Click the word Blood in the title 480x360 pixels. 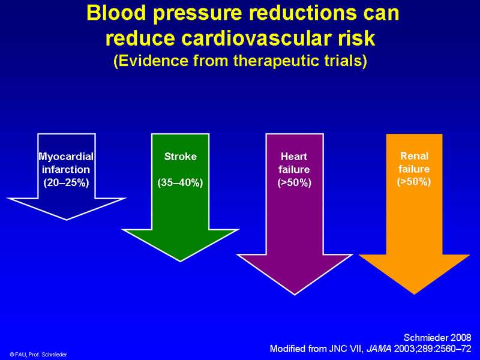tap(116, 13)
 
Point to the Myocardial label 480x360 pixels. tap(66, 157)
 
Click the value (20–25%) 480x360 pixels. tap(66, 183)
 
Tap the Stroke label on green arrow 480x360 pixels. tap(181, 157)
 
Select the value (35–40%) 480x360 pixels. tap(181, 183)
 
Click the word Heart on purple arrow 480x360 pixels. tap(294, 157)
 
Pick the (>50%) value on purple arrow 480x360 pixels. tap(294, 183)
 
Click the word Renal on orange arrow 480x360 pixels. tap(414, 156)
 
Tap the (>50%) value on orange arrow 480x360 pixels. tap(414, 182)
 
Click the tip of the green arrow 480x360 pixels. tap(181, 262)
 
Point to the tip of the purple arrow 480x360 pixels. tap(295, 295)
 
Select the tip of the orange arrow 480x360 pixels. tap(414, 294)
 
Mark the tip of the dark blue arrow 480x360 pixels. tap(67, 220)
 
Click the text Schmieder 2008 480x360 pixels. tap(437, 337)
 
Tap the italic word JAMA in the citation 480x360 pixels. tap(379, 349)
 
